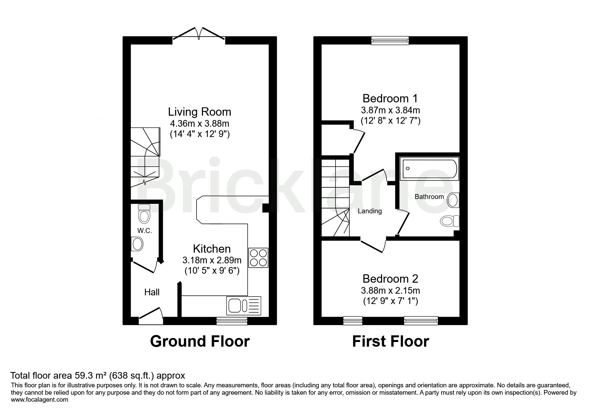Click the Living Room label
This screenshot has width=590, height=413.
200,111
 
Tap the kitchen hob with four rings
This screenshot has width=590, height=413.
258,258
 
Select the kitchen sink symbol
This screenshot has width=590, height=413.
244,306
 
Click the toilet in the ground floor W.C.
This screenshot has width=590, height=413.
144,214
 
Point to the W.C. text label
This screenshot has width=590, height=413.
145,231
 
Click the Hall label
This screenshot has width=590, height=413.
152,292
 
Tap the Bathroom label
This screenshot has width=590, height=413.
429,197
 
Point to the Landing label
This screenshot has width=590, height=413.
370,211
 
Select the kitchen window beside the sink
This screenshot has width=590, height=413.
232,321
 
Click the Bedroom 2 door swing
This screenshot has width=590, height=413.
373,245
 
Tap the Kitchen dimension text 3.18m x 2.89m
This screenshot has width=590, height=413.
212,260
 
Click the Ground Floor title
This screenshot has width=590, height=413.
200,341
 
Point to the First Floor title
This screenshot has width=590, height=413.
391,341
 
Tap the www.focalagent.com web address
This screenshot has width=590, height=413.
40,400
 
